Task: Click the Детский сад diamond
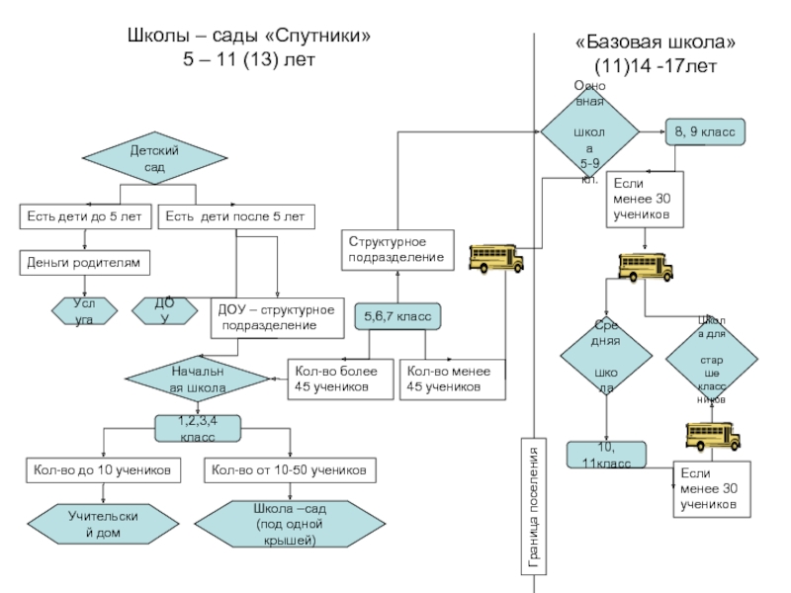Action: (x=154, y=160)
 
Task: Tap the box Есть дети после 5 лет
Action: (x=234, y=215)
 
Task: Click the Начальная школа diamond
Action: (x=199, y=380)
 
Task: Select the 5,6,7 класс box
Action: (x=397, y=316)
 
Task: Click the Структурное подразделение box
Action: (x=398, y=250)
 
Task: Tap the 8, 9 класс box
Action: (x=704, y=130)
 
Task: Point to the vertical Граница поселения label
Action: (x=534, y=506)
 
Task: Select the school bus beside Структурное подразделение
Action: (x=495, y=258)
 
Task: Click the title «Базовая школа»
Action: (x=656, y=44)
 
